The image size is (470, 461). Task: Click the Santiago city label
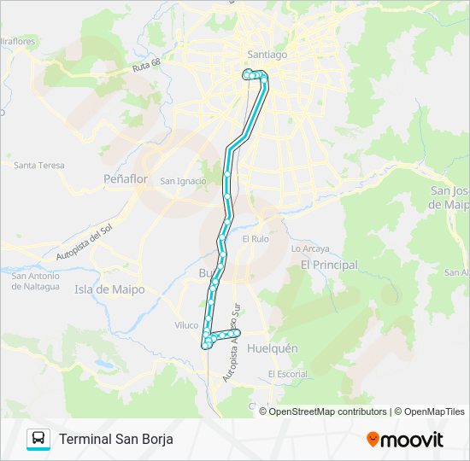coord(267,53)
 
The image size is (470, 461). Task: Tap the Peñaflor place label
coord(125,179)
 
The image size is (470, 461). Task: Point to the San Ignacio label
coord(183,181)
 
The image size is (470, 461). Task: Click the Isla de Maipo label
coord(110,289)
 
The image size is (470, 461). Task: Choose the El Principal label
coord(329,266)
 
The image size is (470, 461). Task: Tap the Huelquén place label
coord(272,348)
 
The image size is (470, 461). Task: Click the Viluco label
coord(185,325)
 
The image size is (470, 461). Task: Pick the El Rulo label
coord(256,239)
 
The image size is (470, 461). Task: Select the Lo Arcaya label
coord(310,248)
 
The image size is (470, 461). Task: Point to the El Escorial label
coord(287,374)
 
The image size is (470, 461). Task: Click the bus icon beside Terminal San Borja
coord(38,439)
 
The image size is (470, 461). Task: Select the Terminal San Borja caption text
coord(115,439)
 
